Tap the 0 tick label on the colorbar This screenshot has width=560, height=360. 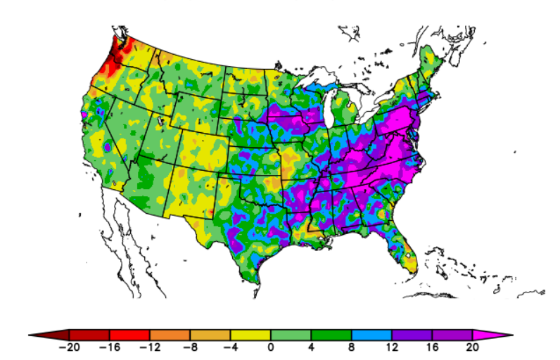click(x=271, y=347)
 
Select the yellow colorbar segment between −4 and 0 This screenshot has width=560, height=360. click(x=250, y=334)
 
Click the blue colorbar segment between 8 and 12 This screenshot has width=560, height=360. click(x=371, y=334)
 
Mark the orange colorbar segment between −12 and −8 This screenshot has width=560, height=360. click(x=170, y=334)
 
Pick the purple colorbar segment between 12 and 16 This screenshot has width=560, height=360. click(x=412, y=334)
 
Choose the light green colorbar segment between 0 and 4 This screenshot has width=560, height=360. click(x=291, y=334)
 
